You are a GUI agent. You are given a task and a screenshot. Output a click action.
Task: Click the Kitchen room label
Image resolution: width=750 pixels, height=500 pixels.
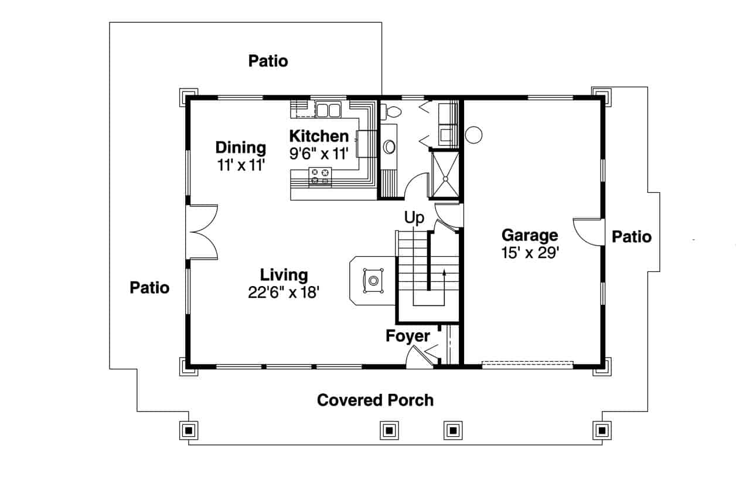[319, 137]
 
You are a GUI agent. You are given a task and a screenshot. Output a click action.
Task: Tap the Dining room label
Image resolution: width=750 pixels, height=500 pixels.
[240, 148]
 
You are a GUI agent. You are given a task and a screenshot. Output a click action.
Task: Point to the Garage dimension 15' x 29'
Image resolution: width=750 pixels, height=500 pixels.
[530, 253]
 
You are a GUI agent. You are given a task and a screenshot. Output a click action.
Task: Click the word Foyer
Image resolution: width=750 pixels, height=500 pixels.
[408, 336]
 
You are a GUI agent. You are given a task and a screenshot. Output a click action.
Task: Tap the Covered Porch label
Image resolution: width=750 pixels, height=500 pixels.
[375, 400]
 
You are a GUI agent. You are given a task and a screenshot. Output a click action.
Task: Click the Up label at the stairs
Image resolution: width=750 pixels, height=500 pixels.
[414, 218]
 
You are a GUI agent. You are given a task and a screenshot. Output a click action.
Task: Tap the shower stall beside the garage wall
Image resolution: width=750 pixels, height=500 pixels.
[445, 174]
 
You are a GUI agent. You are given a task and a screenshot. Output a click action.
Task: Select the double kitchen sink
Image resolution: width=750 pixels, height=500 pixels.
[329, 110]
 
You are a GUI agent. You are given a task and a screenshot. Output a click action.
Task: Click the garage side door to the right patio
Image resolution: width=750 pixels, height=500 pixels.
[588, 231]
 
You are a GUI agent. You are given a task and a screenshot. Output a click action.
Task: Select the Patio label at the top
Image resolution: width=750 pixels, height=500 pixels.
[268, 61]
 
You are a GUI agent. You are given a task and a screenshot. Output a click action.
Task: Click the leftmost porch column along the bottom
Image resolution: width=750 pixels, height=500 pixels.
[189, 430]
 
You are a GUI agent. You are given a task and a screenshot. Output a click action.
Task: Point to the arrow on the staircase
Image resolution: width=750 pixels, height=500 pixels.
[444, 273]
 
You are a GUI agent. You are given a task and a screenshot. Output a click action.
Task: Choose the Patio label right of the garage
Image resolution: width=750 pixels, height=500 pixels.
[631, 237]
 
